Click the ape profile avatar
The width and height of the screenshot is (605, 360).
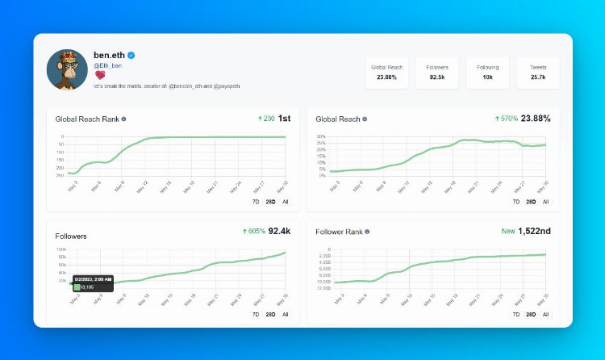(x=67, y=69)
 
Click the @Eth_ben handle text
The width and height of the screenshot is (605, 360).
(x=107, y=65)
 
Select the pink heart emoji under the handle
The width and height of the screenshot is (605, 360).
(x=98, y=74)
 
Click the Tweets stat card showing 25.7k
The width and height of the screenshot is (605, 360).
(x=538, y=72)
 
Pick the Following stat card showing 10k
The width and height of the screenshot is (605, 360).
(x=487, y=72)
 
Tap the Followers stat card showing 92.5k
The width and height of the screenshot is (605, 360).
(x=437, y=72)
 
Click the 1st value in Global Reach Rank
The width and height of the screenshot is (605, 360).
(x=284, y=119)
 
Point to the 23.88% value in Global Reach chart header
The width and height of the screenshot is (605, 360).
(x=536, y=119)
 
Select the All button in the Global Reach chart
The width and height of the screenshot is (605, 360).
(x=545, y=202)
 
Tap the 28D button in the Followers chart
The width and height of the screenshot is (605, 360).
(x=270, y=314)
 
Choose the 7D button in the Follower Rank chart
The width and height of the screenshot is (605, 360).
(x=516, y=314)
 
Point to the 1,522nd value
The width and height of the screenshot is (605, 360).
(x=534, y=231)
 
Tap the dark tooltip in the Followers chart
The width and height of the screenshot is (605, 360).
(x=93, y=283)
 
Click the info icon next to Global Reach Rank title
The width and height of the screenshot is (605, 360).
(x=123, y=119)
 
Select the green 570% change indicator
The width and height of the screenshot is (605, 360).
(x=505, y=119)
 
